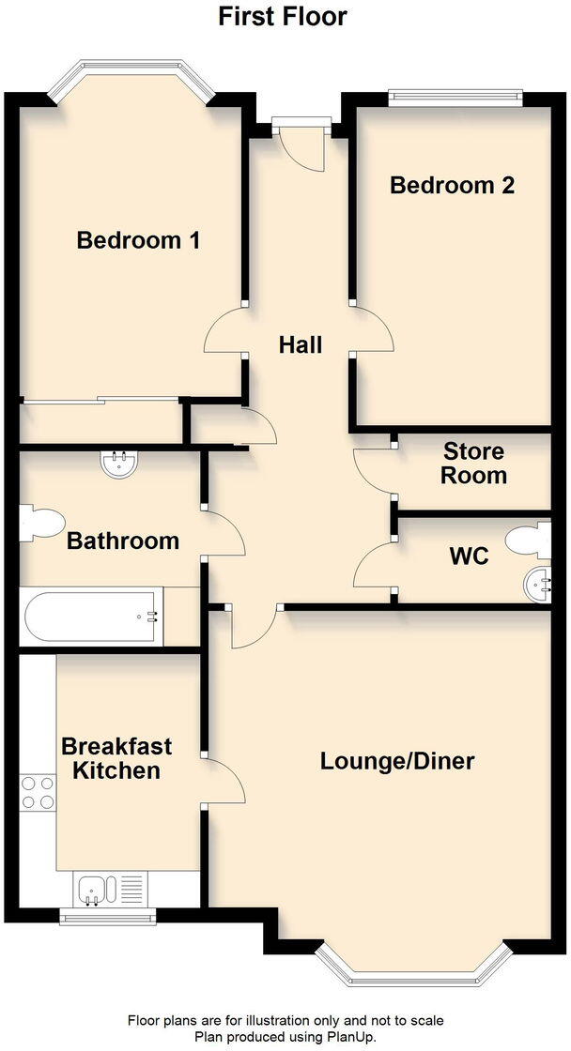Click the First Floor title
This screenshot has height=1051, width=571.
pos(283,16)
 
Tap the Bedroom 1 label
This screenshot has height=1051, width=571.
pos(138,240)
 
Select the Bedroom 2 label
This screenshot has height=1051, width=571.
pos(452,185)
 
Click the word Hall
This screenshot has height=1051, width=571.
pos(301,344)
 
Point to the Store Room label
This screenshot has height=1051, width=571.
pos(473,464)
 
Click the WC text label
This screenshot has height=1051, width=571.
pos(469,556)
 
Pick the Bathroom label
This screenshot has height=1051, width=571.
pos(122,541)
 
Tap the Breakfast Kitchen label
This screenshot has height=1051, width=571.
pos(116,758)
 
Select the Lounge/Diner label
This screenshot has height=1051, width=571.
pos(397,760)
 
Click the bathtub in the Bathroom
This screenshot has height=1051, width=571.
pos(94,617)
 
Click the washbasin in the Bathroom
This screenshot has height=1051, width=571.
pos(119,463)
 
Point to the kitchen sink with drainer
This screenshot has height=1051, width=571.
pos(111,888)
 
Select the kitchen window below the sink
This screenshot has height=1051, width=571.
pos(108,915)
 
